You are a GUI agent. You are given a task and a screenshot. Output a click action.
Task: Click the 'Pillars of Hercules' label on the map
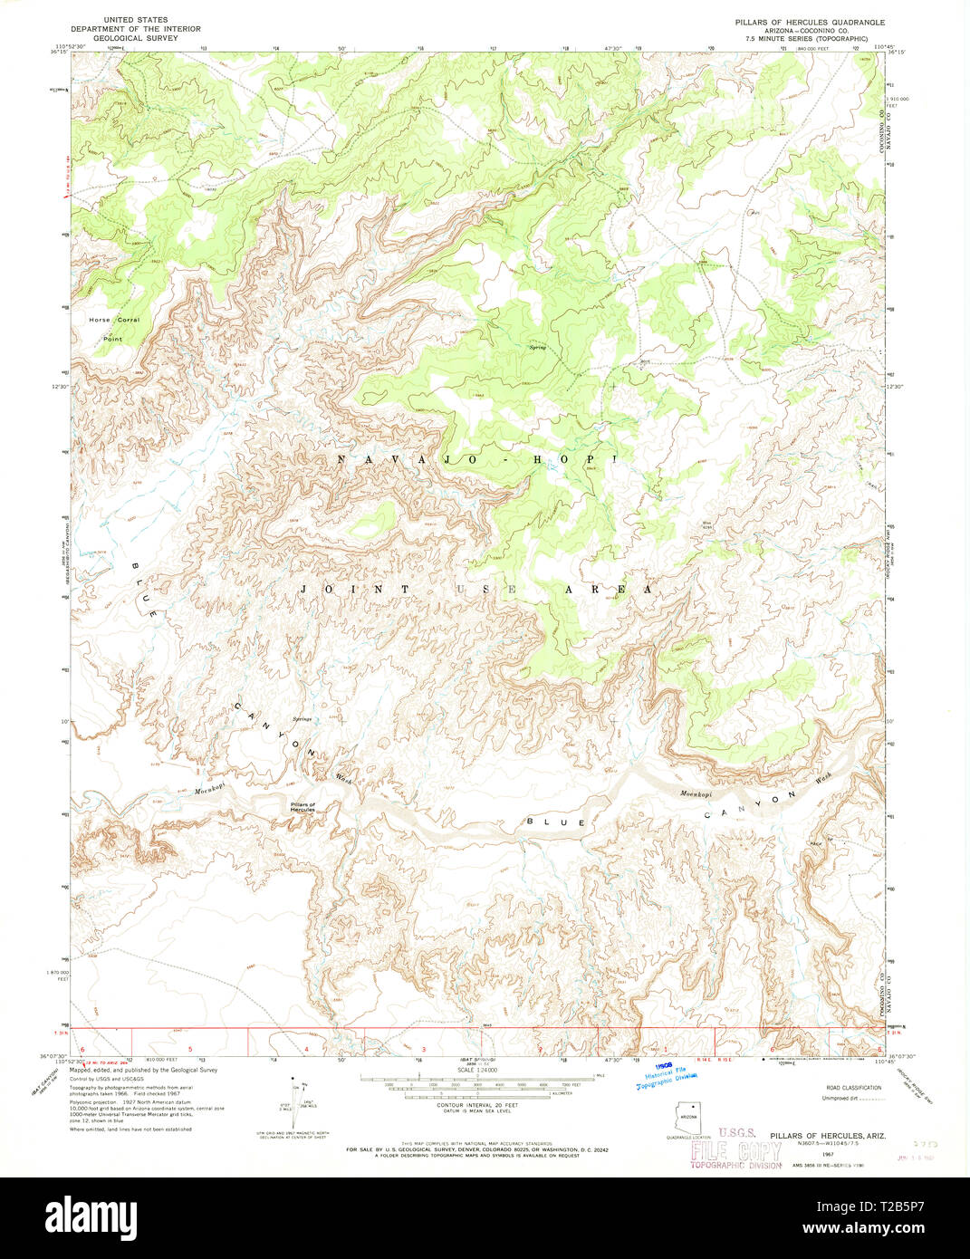point(303,807)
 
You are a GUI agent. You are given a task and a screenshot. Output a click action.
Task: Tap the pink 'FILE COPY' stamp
point(735,1151)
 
